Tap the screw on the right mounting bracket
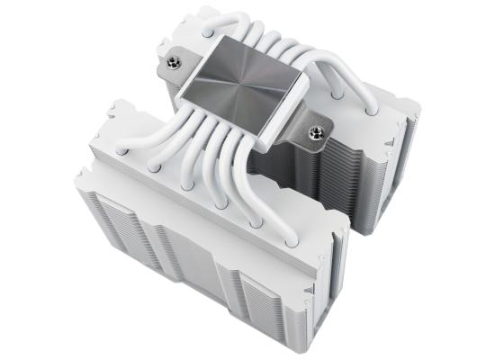tap(317, 135)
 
